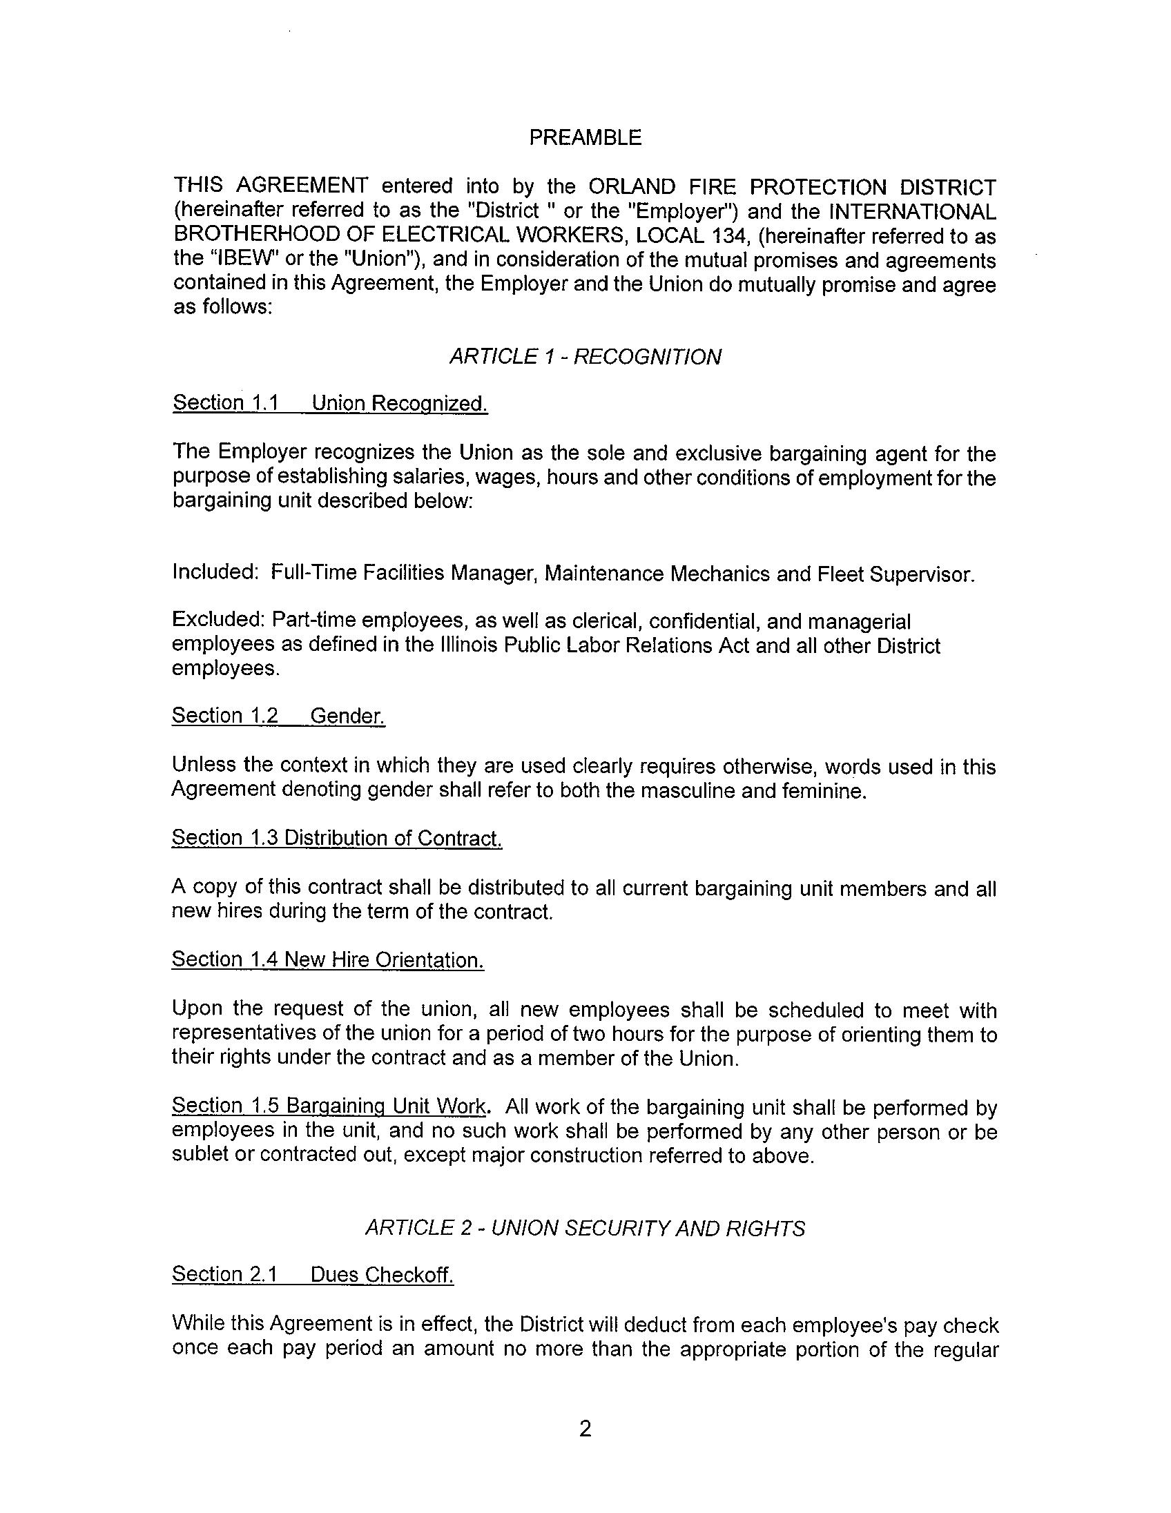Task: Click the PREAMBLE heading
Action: [585, 138]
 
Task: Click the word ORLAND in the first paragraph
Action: [631, 187]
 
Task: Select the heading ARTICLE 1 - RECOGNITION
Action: [585, 357]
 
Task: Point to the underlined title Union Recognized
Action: [399, 403]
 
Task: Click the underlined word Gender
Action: [347, 716]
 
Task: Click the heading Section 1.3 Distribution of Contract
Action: [336, 838]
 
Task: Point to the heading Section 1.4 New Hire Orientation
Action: [328, 960]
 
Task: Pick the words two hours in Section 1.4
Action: [622, 1034]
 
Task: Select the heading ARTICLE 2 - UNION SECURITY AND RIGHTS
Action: [585, 1228]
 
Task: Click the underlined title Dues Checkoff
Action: [382, 1275]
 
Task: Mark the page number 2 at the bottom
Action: [585, 1429]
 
